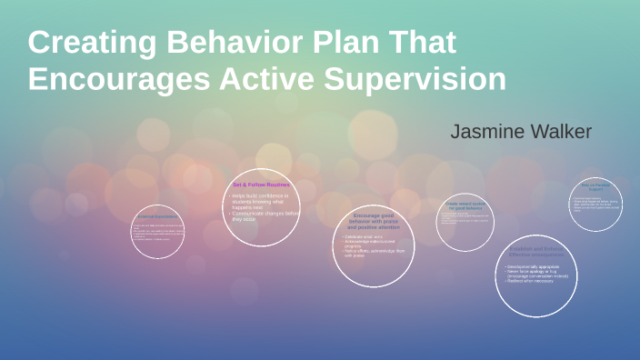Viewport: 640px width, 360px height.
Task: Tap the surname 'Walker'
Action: point(560,132)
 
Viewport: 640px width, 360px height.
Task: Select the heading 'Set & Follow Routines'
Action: point(261,185)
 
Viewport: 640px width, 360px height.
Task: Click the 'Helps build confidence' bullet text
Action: point(261,195)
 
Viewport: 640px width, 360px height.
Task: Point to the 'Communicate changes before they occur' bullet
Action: point(264,215)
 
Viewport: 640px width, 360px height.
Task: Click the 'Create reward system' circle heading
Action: point(465,207)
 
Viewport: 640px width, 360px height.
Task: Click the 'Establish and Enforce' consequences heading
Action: point(539,251)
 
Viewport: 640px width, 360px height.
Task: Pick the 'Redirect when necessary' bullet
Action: point(532,281)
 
